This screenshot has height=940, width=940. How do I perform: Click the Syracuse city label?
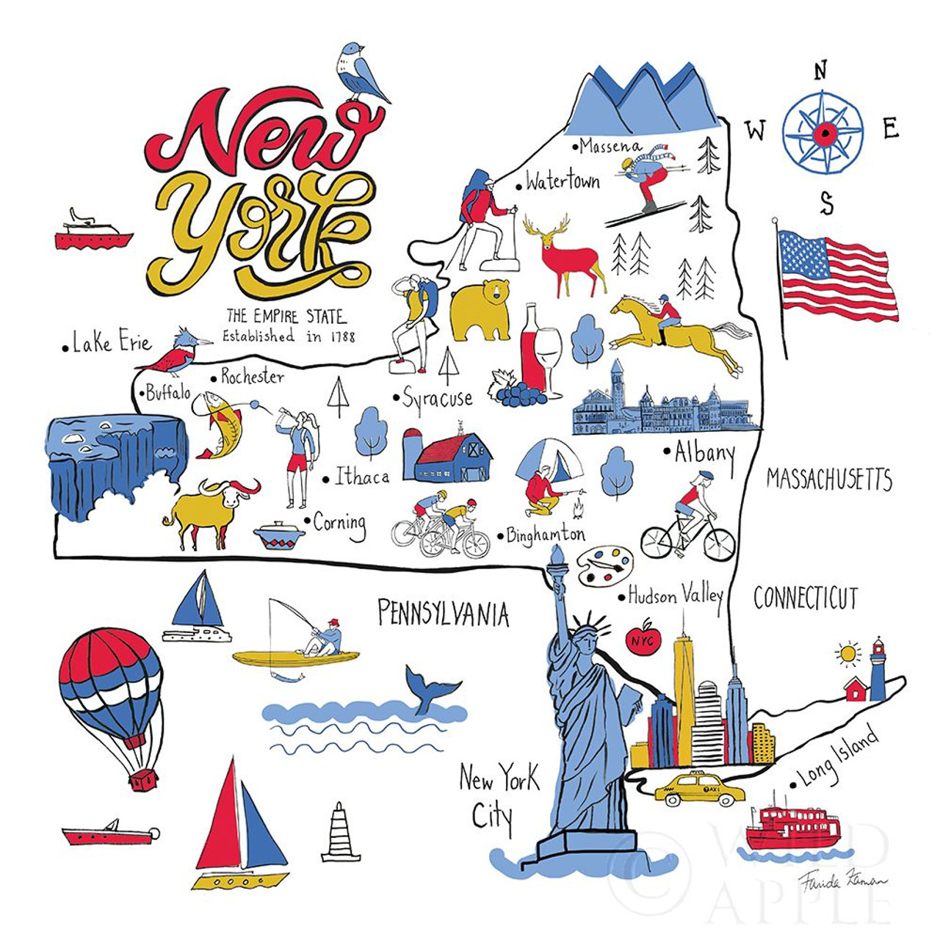click(438, 398)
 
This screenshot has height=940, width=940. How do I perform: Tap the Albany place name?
click(704, 454)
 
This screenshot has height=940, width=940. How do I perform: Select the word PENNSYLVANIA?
click(443, 613)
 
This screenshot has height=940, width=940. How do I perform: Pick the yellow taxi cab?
click(698, 790)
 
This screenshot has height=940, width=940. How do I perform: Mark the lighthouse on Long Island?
click(878, 669)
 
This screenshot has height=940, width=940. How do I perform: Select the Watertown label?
click(563, 181)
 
